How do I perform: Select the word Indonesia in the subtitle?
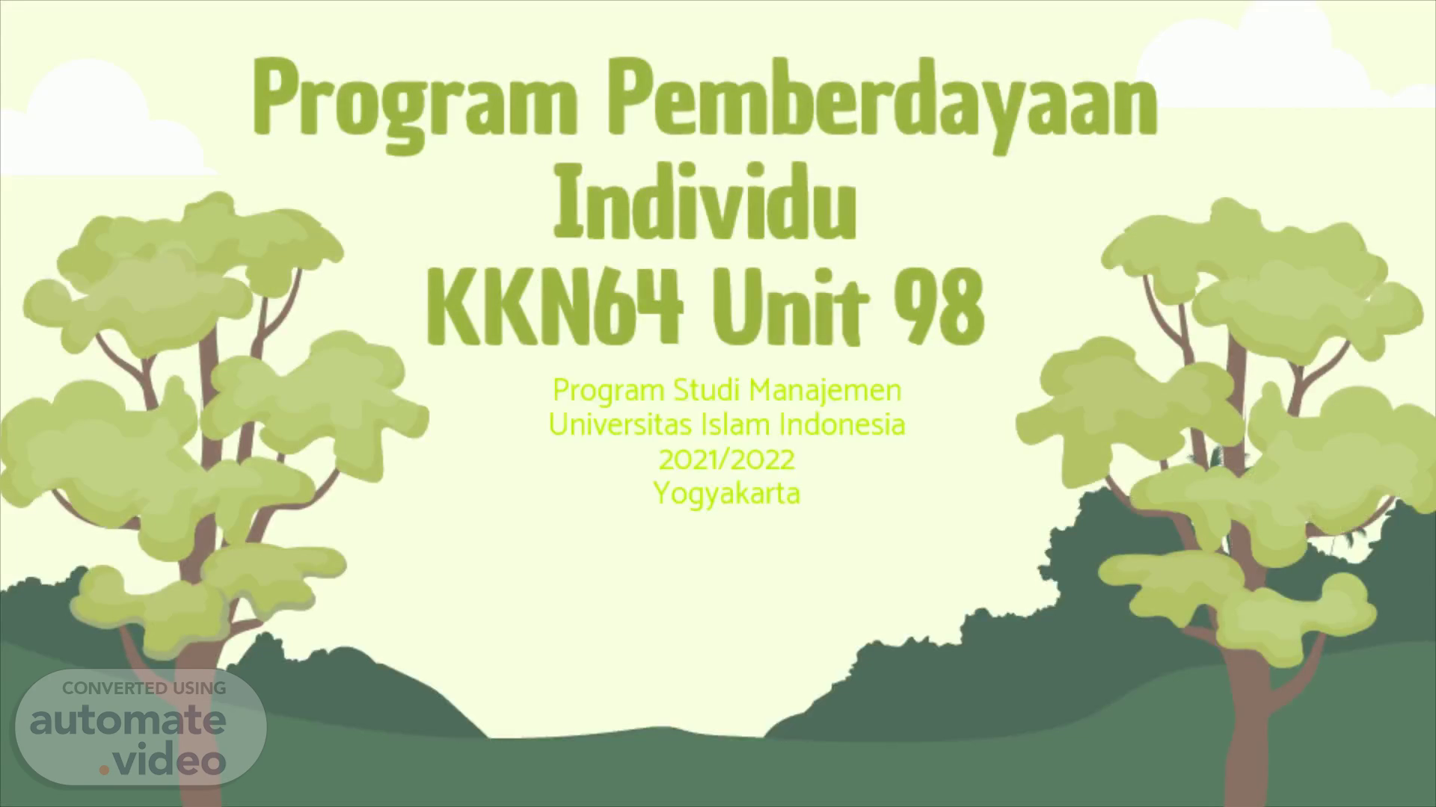click(842, 424)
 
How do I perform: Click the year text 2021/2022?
click(726, 460)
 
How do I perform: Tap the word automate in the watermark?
click(128, 721)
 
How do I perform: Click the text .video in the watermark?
click(162, 761)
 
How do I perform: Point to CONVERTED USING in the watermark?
click(144, 688)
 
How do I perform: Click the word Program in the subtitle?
click(609, 391)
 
